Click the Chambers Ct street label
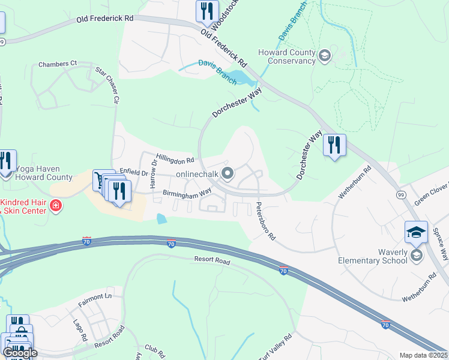(x=58, y=64)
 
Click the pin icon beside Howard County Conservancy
(x=325, y=56)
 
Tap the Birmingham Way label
(x=187, y=193)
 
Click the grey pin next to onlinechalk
(x=228, y=174)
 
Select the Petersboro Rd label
(x=265, y=221)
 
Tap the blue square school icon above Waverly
(x=417, y=231)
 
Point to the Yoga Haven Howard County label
(x=44, y=173)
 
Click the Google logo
(x=19, y=353)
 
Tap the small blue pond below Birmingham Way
(x=161, y=219)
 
